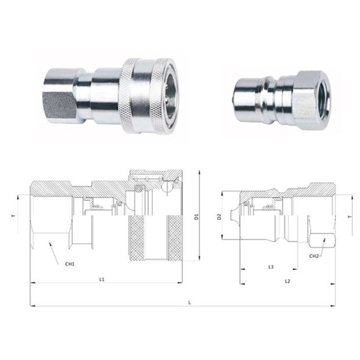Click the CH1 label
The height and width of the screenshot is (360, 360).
(x=70, y=264)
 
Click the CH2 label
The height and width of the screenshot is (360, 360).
(x=314, y=256)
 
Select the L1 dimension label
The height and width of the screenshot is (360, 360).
(x=102, y=280)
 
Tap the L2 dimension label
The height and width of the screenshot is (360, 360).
(x=287, y=281)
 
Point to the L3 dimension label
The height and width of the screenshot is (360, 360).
(x=271, y=267)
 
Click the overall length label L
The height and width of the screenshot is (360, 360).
(x=190, y=303)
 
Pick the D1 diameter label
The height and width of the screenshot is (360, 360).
(x=196, y=217)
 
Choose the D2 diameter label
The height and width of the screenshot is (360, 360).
(x=219, y=217)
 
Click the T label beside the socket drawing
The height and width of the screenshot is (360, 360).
(x=14, y=216)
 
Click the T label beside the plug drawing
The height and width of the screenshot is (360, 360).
(x=350, y=217)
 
